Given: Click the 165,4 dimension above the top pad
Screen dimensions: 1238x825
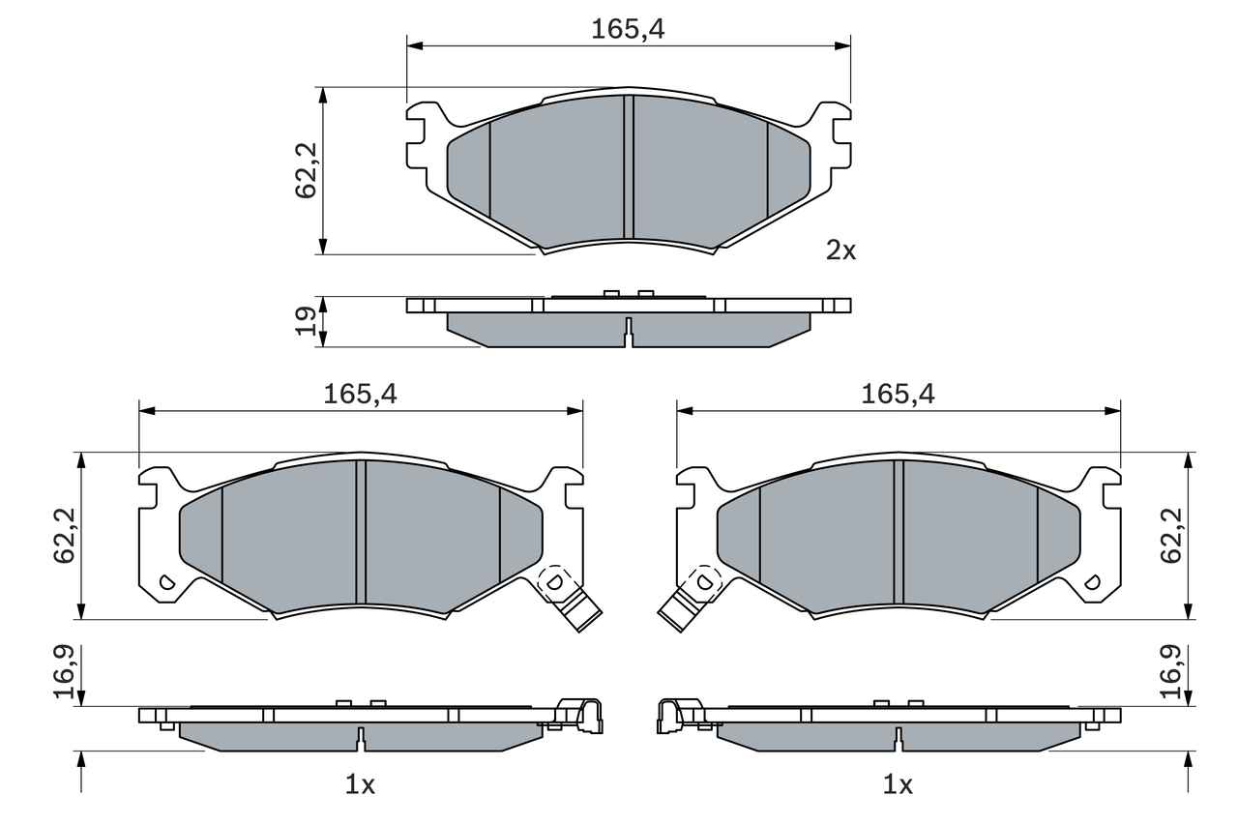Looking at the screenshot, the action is point(628,29).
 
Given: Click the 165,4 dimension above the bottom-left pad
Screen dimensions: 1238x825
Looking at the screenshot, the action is point(360,395).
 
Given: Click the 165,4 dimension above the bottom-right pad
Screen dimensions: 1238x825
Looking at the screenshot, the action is point(899,395).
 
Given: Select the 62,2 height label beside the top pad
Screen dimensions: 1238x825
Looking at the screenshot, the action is point(306,170).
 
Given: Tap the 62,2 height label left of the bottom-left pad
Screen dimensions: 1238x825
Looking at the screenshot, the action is point(64,536).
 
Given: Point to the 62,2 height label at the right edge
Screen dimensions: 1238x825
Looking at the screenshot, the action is point(1171,536).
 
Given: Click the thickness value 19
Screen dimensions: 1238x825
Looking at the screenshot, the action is point(306,321).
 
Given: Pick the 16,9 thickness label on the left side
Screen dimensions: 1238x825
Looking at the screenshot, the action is point(64,671).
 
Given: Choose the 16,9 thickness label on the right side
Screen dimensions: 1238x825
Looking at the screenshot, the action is point(1171,671).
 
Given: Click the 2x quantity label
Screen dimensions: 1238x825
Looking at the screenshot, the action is point(840,250).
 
